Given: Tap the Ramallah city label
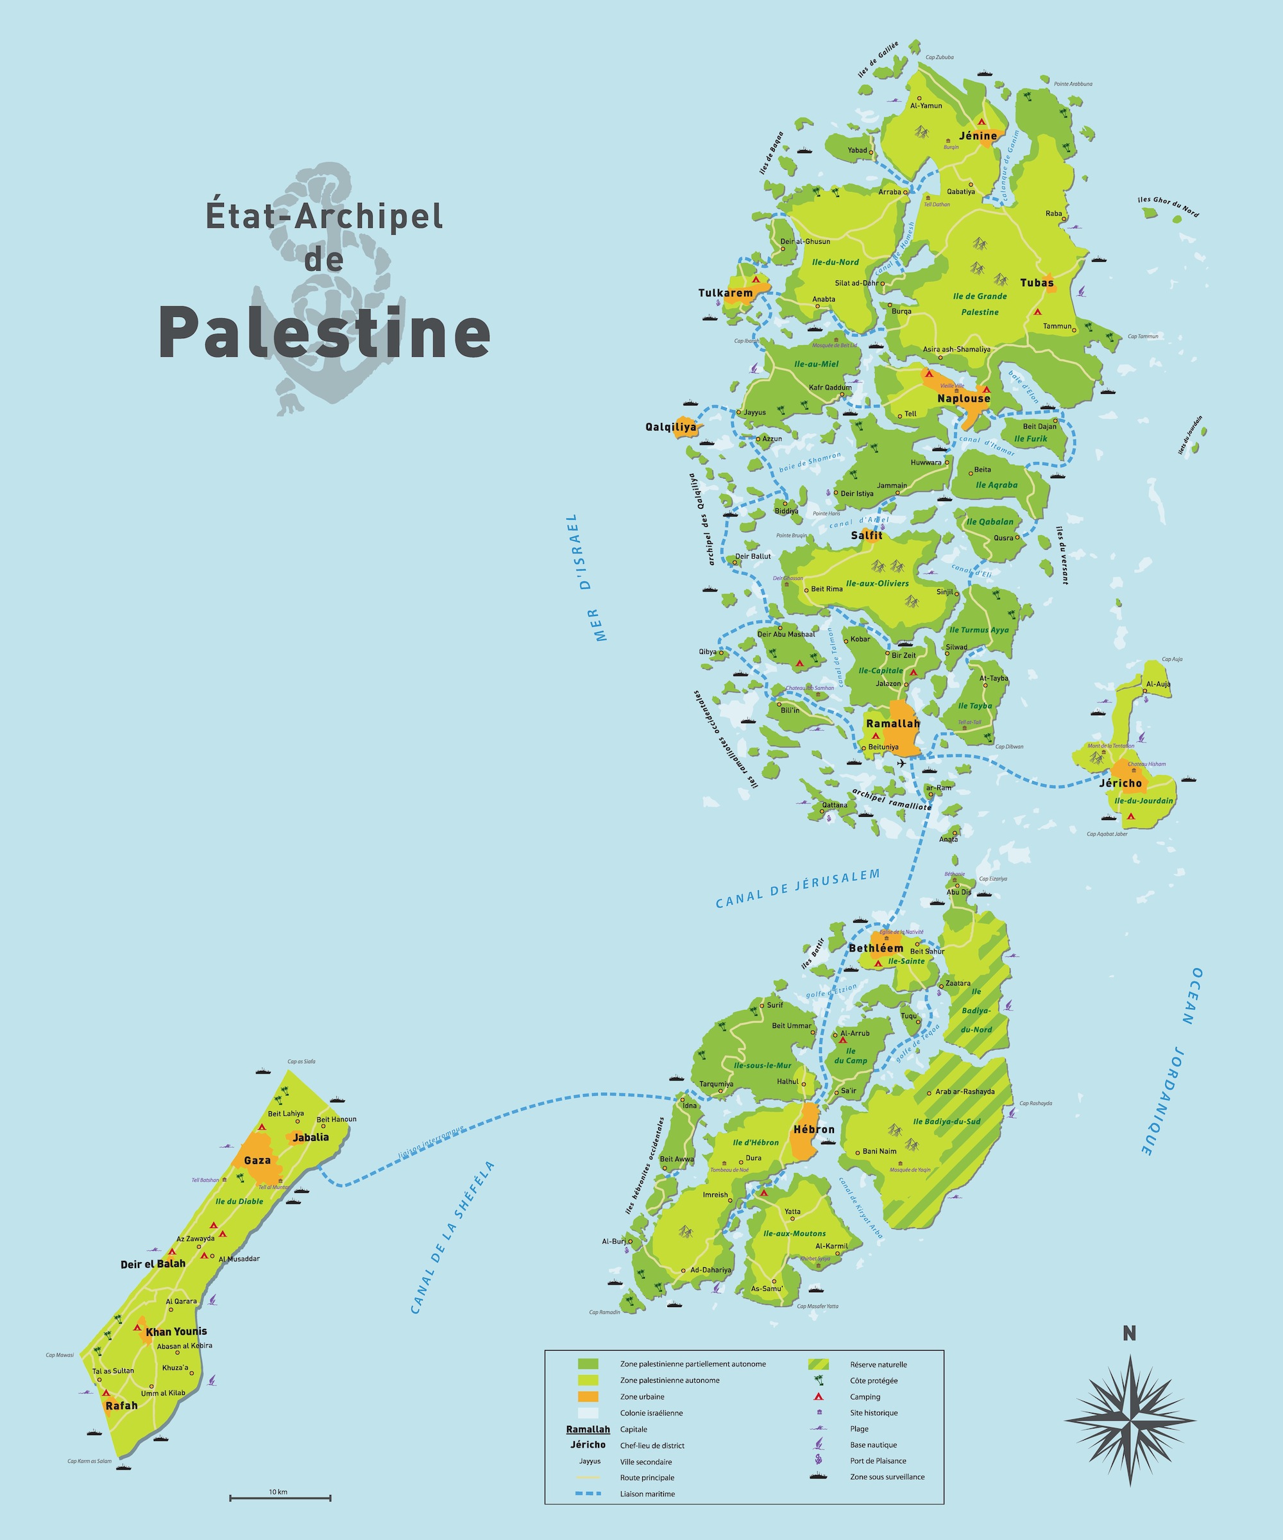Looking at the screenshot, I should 892,724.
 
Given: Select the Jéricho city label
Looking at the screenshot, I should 1120,783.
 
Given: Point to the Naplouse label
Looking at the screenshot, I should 964,398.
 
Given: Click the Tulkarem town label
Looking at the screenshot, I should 725,293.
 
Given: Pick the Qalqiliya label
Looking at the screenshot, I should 671,427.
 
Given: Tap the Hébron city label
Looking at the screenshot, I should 814,1129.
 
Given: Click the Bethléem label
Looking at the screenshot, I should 876,948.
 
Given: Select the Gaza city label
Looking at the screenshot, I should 257,1160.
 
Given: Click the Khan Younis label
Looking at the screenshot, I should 176,1331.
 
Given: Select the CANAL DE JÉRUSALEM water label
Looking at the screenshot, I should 797,889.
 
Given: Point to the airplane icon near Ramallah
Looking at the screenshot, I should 902,764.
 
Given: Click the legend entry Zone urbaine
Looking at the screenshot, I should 642,1397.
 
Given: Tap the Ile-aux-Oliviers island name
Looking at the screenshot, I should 877,584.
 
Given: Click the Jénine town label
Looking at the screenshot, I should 978,135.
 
